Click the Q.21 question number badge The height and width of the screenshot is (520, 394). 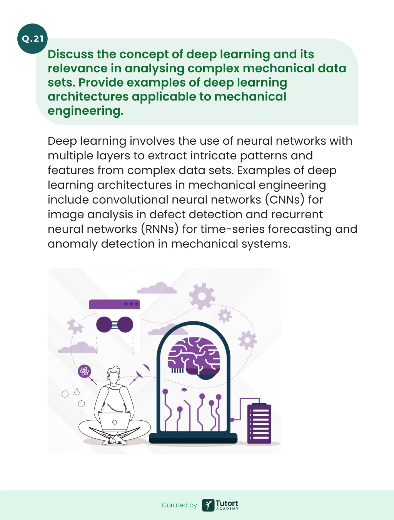pyautogui.click(x=32, y=38)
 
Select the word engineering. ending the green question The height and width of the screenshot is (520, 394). pyautogui.click(x=85, y=111)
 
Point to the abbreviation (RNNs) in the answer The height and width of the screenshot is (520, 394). pyautogui.click(x=160, y=229)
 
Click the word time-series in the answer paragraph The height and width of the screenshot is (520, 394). pyautogui.click(x=232, y=229)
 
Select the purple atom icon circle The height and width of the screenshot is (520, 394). pyautogui.click(x=84, y=371)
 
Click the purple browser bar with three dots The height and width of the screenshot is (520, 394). pyautogui.click(x=114, y=304)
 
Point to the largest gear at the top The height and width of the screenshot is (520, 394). pyautogui.click(x=202, y=296)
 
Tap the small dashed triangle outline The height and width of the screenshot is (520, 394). pyautogui.click(x=77, y=391)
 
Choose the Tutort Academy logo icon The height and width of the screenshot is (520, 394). pyautogui.click(x=208, y=505)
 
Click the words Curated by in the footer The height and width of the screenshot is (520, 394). pyautogui.click(x=179, y=505)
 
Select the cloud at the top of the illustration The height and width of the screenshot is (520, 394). pyautogui.click(x=157, y=288)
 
